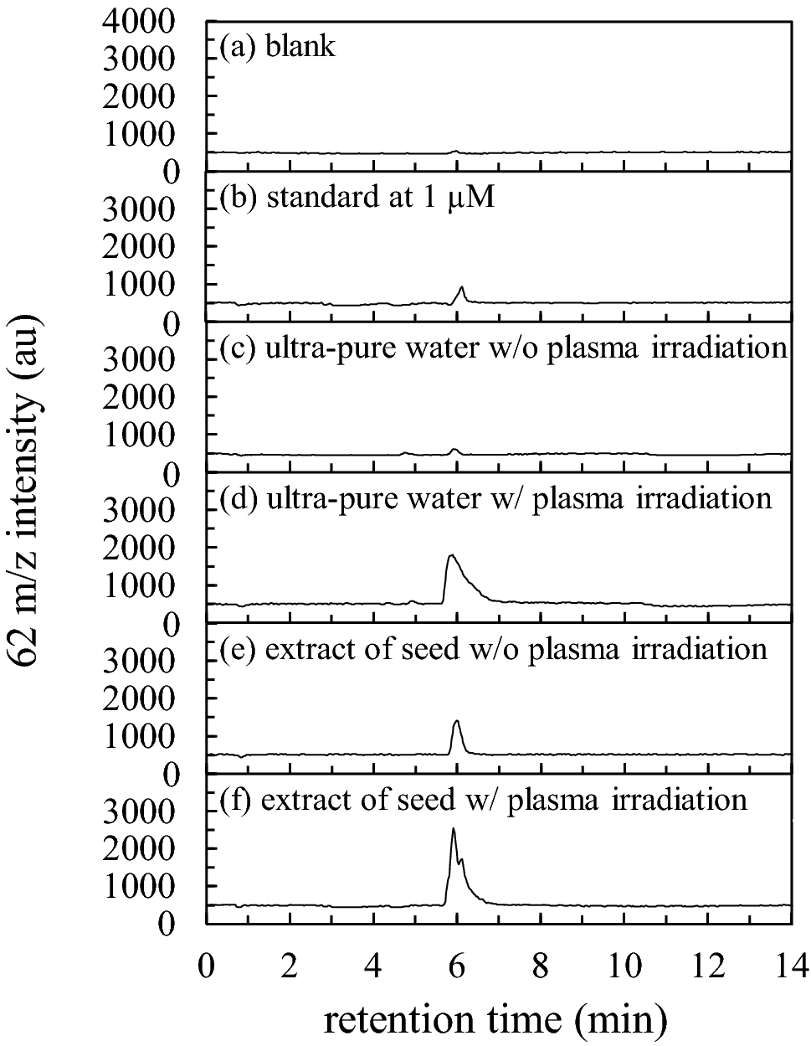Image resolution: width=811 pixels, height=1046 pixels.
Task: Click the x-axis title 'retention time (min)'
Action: tap(495, 1018)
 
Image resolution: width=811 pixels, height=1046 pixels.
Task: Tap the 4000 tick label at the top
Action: tap(149, 21)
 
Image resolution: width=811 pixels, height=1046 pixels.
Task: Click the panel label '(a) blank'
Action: tap(277, 46)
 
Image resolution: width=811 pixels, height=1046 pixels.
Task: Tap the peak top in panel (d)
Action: tap(451, 555)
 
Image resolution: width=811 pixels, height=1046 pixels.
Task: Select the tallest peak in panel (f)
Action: tap(453, 829)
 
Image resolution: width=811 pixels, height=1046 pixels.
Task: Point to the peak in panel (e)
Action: tap(457, 721)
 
